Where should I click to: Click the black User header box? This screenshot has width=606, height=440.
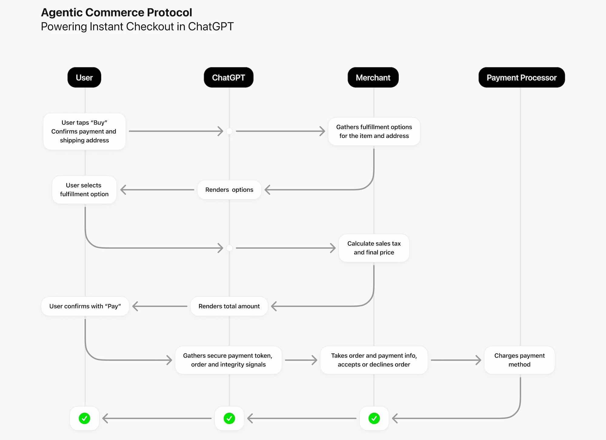click(84, 78)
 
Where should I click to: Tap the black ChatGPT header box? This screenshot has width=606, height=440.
click(228, 78)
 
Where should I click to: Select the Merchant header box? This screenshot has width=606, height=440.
click(373, 78)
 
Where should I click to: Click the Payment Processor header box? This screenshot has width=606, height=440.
click(521, 78)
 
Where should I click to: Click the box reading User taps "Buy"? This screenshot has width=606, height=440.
click(84, 131)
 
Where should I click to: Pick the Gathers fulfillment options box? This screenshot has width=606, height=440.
click(374, 131)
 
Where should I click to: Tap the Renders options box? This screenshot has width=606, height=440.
click(229, 190)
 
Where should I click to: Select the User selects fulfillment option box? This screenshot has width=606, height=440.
click(84, 190)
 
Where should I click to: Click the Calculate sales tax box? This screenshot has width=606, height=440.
click(374, 248)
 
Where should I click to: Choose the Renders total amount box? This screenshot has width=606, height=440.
click(229, 306)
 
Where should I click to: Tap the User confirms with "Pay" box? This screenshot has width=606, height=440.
click(85, 306)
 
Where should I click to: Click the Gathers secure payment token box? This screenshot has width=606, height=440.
click(228, 360)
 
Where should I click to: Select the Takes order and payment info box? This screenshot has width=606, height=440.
click(374, 360)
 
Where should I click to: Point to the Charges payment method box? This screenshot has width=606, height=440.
click(519, 360)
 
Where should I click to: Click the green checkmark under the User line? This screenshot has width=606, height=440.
click(85, 418)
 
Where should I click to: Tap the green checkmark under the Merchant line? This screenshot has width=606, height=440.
click(374, 418)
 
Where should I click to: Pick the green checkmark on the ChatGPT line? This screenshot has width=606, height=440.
click(229, 418)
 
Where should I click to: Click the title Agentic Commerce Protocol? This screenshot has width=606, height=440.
click(116, 12)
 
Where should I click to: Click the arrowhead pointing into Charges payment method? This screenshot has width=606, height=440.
click(478, 360)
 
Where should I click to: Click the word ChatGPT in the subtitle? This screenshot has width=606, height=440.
click(211, 27)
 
